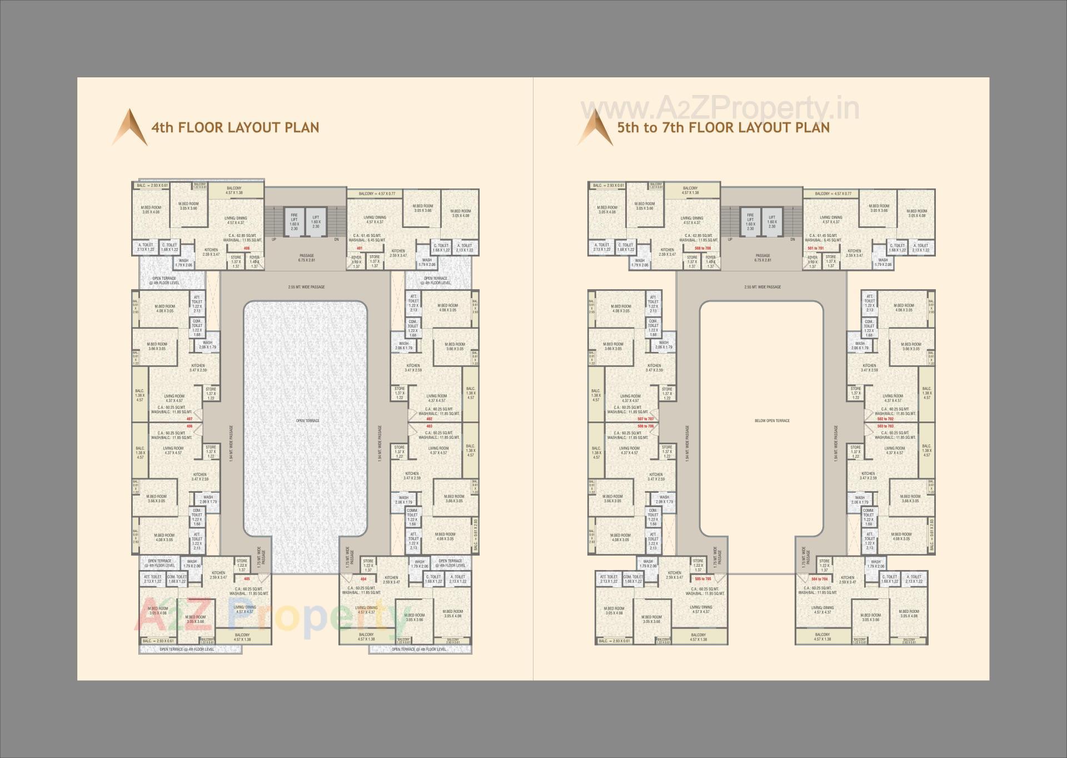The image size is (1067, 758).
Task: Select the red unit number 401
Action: (x=360, y=248)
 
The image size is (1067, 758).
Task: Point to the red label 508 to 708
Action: (x=703, y=248)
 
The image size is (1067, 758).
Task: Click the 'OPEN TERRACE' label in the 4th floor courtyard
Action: (x=307, y=420)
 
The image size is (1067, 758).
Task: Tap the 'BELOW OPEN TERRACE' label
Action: (x=772, y=420)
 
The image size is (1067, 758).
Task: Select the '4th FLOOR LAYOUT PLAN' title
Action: (x=235, y=127)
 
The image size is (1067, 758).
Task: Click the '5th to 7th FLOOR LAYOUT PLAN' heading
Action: (x=723, y=127)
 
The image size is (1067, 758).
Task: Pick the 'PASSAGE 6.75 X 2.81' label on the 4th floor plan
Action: (x=306, y=258)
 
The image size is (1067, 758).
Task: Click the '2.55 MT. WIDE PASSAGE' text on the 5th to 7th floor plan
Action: (x=762, y=287)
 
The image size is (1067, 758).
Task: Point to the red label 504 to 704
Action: (x=819, y=579)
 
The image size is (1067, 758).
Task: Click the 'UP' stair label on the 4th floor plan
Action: (x=274, y=240)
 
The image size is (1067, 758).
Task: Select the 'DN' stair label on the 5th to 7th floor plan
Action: (x=792, y=240)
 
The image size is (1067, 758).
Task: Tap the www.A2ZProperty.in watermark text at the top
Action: (x=719, y=108)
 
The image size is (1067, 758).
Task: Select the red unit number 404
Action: (x=363, y=579)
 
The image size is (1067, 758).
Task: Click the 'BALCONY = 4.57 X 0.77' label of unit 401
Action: (x=377, y=194)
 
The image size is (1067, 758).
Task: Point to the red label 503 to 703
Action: (x=886, y=426)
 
